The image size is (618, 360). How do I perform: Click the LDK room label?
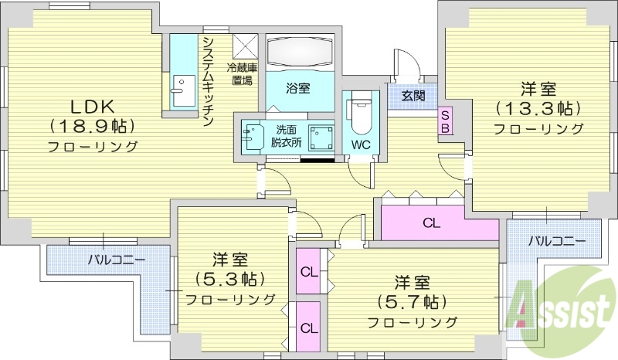(x=93, y=106)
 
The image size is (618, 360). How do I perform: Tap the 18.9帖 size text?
(x=93, y=125)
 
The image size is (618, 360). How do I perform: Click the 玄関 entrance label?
(x=413, y=96)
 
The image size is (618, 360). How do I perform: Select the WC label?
(x=360, y=144)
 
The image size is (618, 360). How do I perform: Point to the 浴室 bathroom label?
(x=299, y=88)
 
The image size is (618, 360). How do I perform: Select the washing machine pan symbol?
(x=321, y=138)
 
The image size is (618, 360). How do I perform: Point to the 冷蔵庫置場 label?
(x=241, y=73)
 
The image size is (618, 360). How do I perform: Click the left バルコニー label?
(x=116, y=259)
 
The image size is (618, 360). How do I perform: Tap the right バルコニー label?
(x=556, y=240)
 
